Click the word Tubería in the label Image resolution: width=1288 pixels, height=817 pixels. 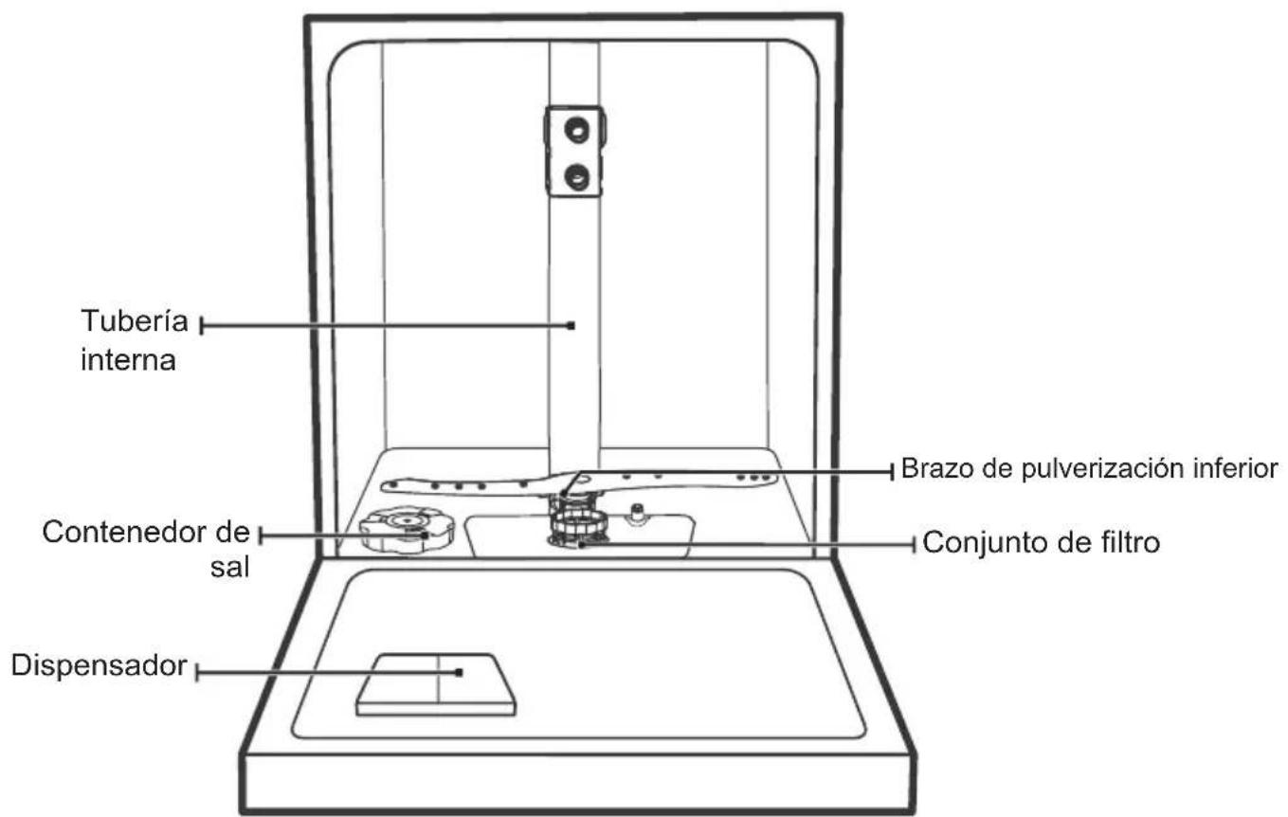point(135,320)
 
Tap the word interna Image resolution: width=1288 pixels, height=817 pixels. point(128,360)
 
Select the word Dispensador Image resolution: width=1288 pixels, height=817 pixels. point(99,665)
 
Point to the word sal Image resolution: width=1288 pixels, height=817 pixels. point(230,568)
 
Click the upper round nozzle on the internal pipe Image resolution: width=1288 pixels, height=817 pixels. point(576,131)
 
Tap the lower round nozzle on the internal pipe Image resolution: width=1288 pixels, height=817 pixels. point(576,176)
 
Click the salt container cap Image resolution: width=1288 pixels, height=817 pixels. point(407,530)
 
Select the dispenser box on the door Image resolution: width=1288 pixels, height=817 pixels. point(436,684)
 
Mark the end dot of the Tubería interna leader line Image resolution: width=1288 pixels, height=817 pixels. point(571,325)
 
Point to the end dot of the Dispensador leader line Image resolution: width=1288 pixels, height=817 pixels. point(459,672)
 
